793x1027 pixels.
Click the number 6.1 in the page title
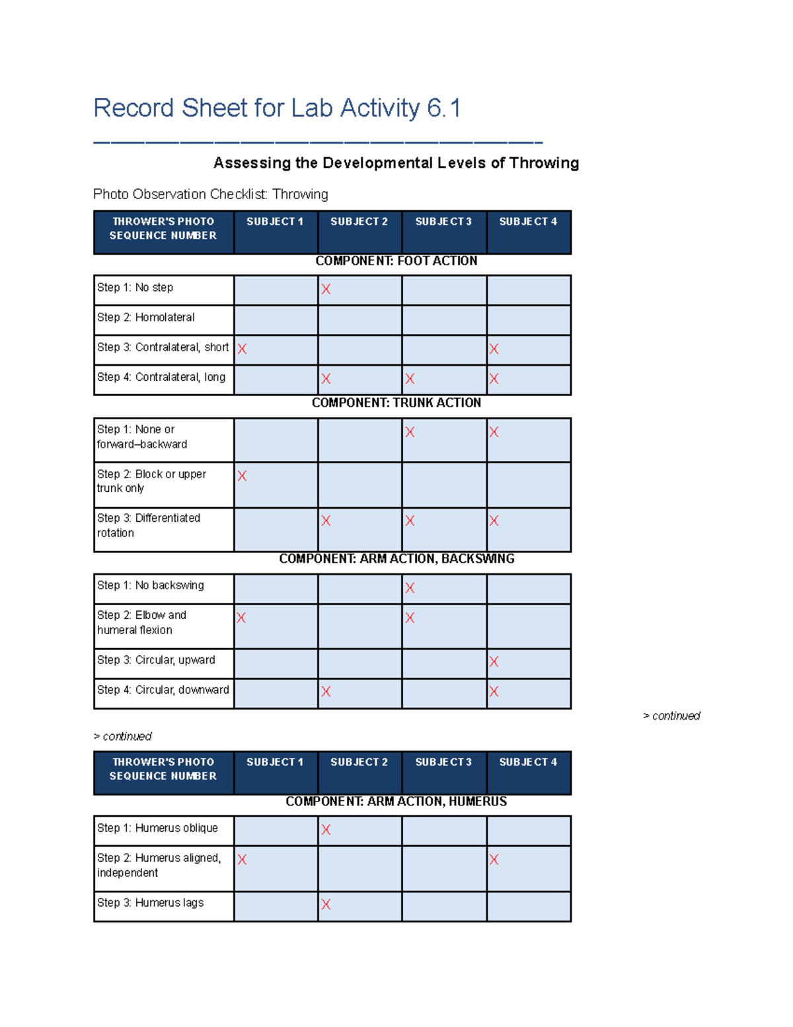click(x=443, y=108)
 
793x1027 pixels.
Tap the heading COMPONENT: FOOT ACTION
click(x=396, y=261)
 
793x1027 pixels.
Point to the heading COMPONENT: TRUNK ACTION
click(x=396, y=403)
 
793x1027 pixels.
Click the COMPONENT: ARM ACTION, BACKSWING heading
click(x=396, y=559)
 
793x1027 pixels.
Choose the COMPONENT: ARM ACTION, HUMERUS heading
click(x=396, y=801)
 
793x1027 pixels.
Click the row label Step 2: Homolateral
click(x=146, y=317)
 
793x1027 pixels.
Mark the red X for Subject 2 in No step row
click(x=326, y=289)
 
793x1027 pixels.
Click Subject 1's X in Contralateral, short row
click(x=242, y=349)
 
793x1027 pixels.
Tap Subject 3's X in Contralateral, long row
click(x=410, y=379)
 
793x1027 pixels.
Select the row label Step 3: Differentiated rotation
click(x=149, y=525)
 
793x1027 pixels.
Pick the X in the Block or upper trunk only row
click(x=242, y=475)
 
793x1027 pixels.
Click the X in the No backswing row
click(x=410, y=588)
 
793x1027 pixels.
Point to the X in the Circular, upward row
click(x=494, y=661)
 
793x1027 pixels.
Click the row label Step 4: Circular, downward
click(x=163, y=690)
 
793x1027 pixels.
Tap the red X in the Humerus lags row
click(x=326, y=904)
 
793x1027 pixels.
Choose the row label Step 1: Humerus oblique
click(x=157, y=828)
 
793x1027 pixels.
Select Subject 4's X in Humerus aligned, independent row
click(x=494, y=860)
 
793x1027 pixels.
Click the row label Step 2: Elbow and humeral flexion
click(x=141, y=622)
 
